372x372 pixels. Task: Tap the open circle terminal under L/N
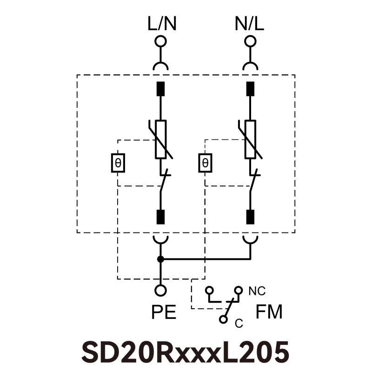(x=160, y=41)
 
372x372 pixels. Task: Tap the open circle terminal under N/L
(x=250, y=41)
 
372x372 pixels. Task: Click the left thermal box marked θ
(x=118, y=163)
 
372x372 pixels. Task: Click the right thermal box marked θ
(x=205, y=163)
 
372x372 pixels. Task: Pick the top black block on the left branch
(x=160, y=88)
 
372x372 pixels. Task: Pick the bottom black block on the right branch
(x=250, y=217)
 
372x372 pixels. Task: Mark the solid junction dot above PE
(x=160, y=259)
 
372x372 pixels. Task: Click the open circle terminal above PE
(x=160, y=291)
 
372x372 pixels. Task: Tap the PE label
(x=164, y=312)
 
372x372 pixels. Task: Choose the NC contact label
(x=257, y=291)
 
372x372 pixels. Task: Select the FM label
(x=269, y=312)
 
